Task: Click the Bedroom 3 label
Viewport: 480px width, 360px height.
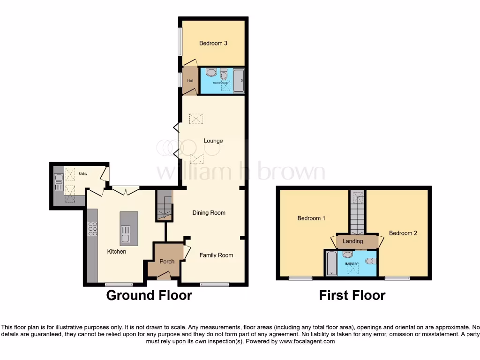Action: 213,44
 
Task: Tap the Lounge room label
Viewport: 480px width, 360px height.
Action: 213,141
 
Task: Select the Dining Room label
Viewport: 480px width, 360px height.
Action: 209,213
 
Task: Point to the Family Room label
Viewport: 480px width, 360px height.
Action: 216,255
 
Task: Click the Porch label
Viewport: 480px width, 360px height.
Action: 167,262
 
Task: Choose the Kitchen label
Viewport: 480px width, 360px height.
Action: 117,252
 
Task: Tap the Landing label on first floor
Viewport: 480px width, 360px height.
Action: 352,241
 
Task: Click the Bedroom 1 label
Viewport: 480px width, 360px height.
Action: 311,218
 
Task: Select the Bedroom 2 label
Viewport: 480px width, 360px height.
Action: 403,233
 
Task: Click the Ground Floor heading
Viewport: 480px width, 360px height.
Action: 149,295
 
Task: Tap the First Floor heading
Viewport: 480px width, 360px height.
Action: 352,295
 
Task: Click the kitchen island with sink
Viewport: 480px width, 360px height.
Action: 126,229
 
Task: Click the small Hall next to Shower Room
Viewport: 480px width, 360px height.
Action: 190,81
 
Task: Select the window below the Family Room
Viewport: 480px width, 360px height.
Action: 214,284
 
